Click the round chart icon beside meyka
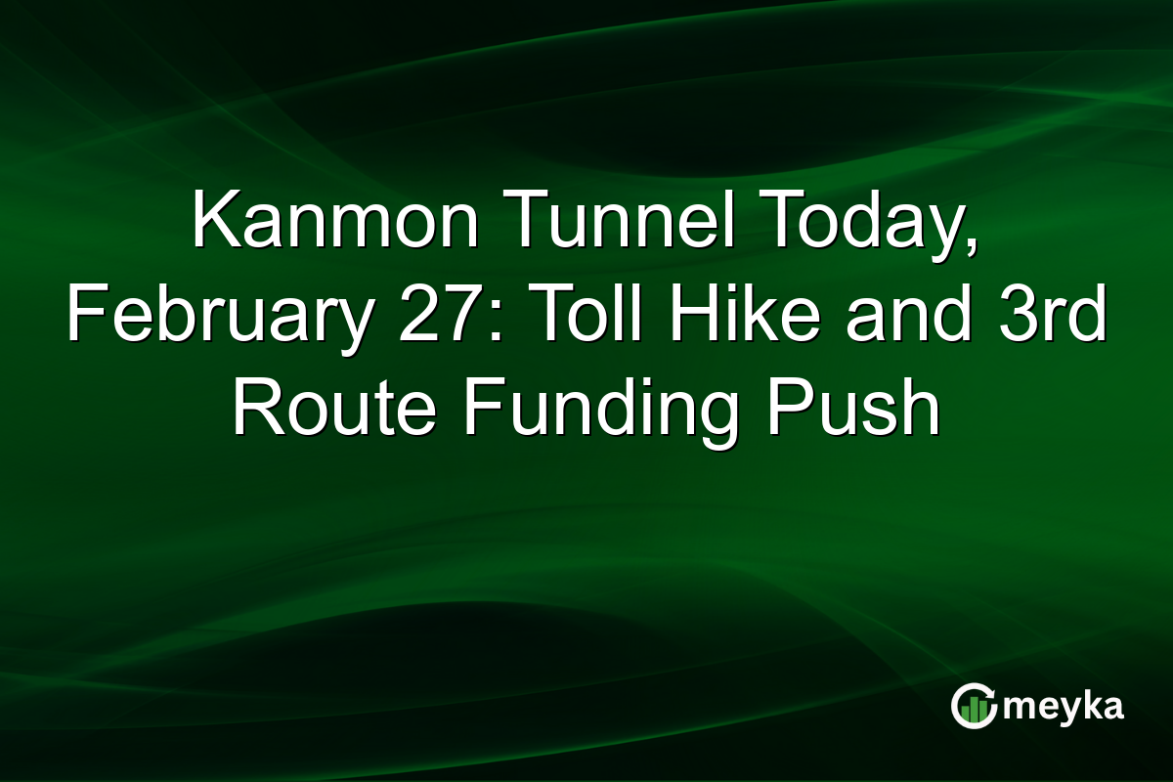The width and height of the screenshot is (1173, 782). (x=973, y=707)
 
